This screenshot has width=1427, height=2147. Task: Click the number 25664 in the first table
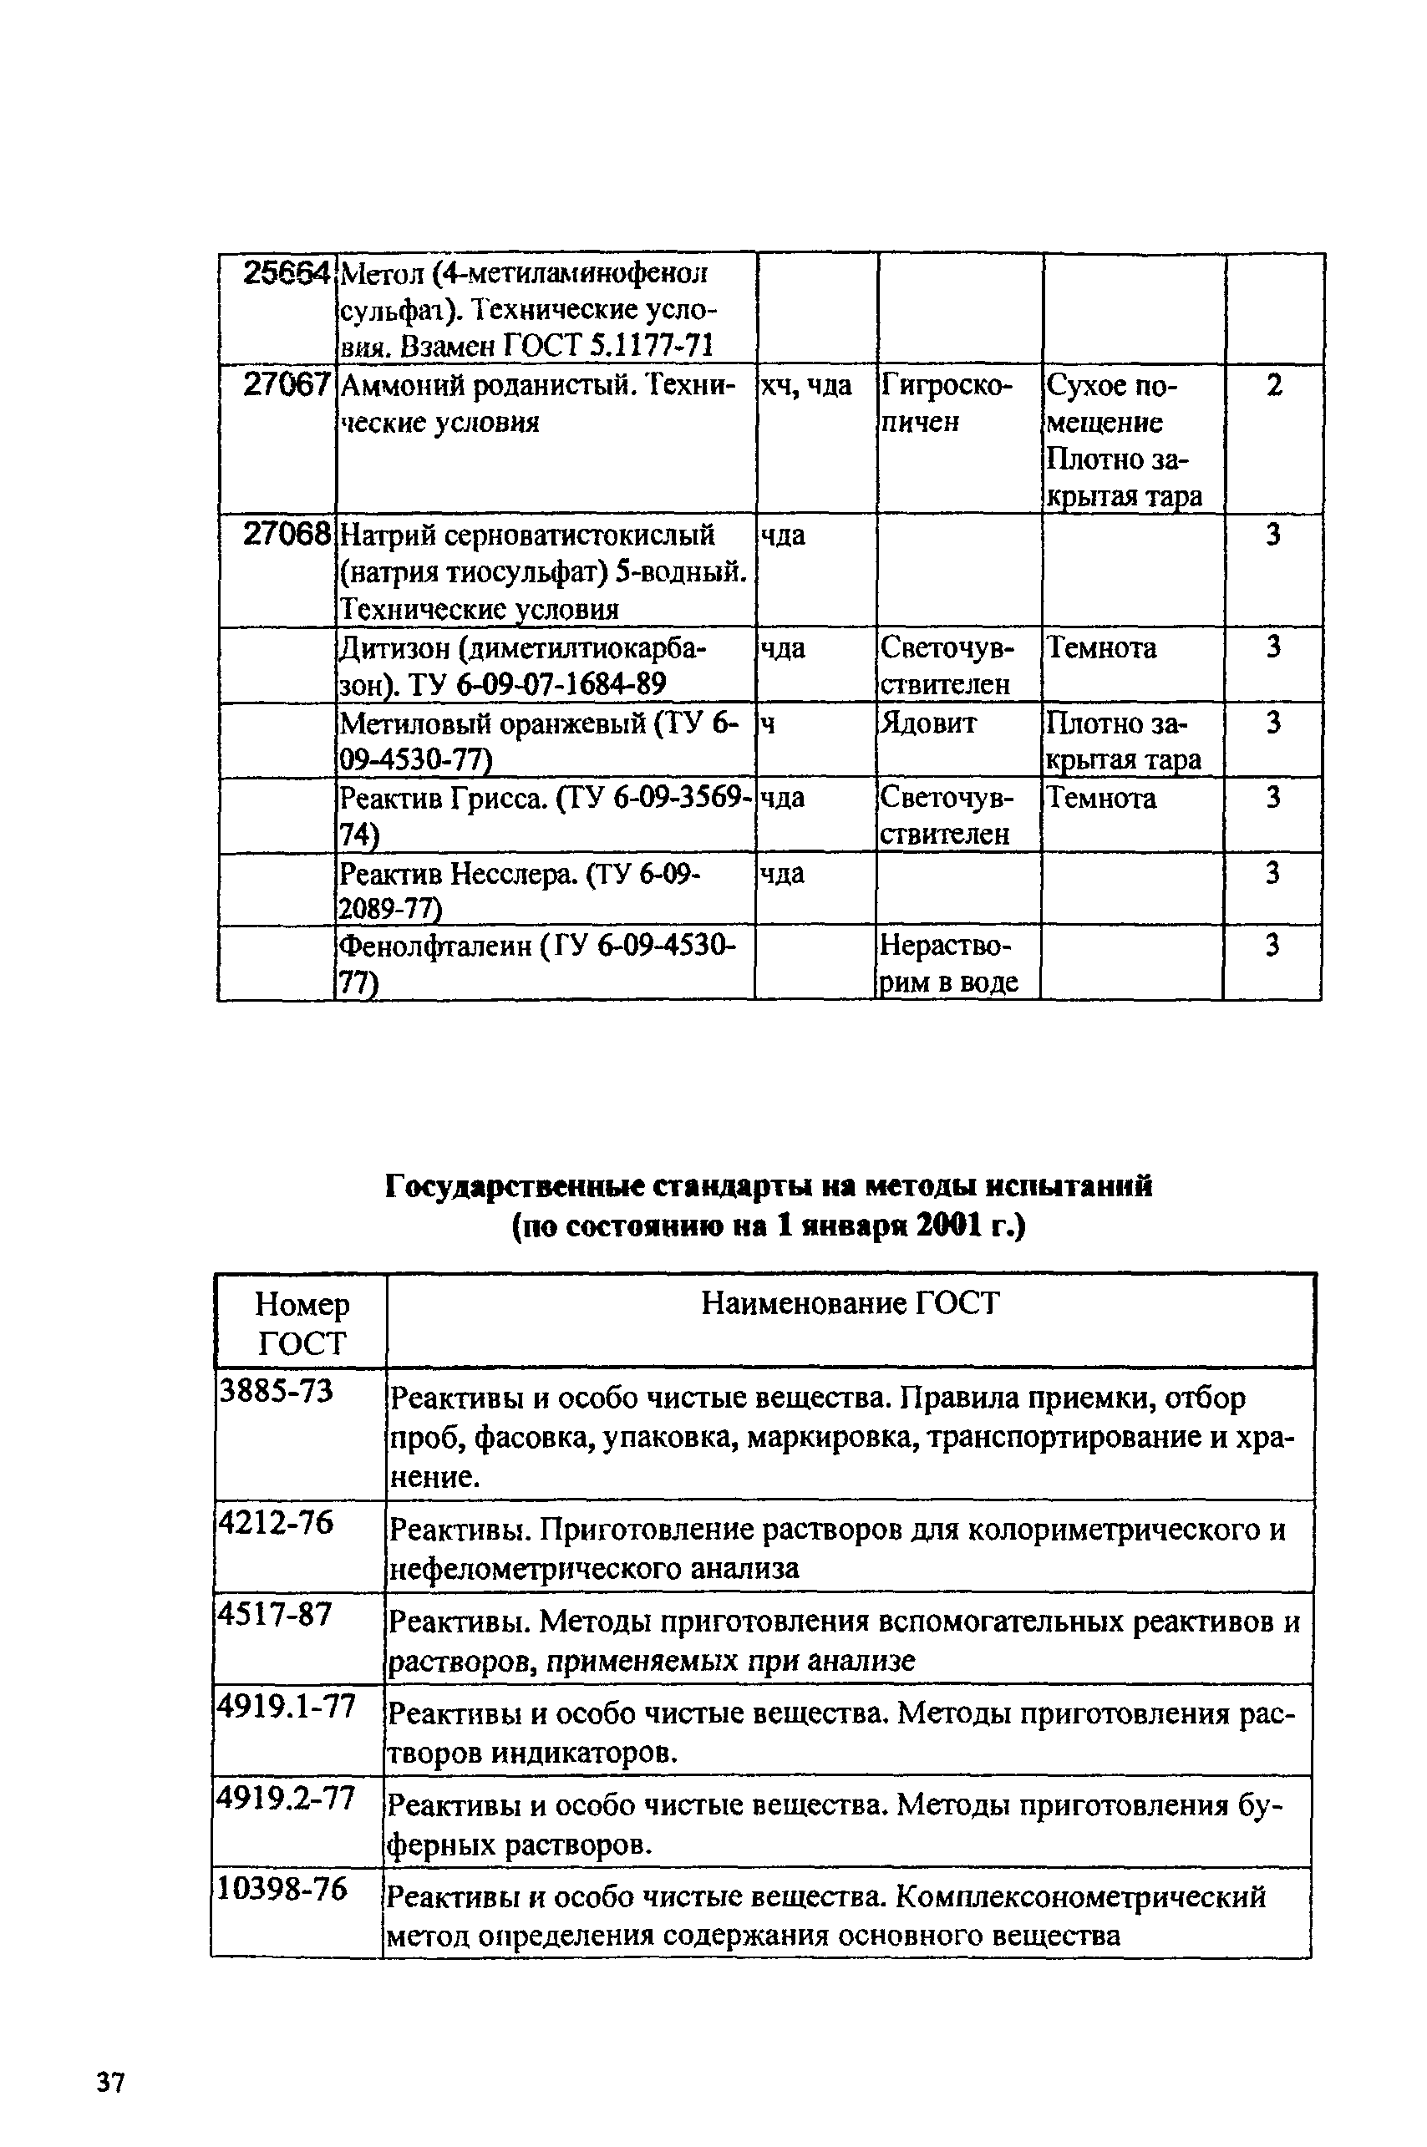tap(286, 273)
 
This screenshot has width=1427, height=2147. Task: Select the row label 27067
tap(286, 386)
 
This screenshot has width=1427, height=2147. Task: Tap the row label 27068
tap(286, 535)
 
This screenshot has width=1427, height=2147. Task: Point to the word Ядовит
tap(927, 723)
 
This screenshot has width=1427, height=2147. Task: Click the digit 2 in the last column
tap(1274, 386)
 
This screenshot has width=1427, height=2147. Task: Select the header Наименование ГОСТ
tap(850, 1304)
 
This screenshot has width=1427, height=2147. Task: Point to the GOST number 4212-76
tap(275, 1522)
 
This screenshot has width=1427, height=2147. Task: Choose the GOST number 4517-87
tap(274, 1615)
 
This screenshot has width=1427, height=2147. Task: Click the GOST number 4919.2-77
tap(285, 1798)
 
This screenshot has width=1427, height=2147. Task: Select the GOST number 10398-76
tap(282, 1889)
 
